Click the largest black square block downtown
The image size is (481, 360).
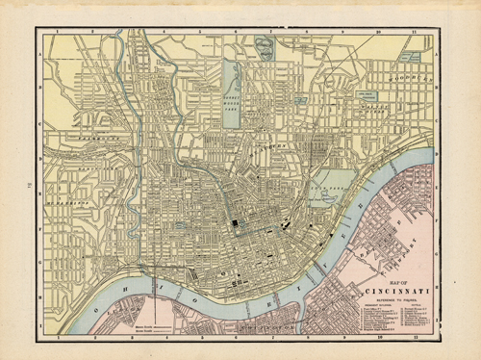234,224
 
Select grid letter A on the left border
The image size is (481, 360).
41,54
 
